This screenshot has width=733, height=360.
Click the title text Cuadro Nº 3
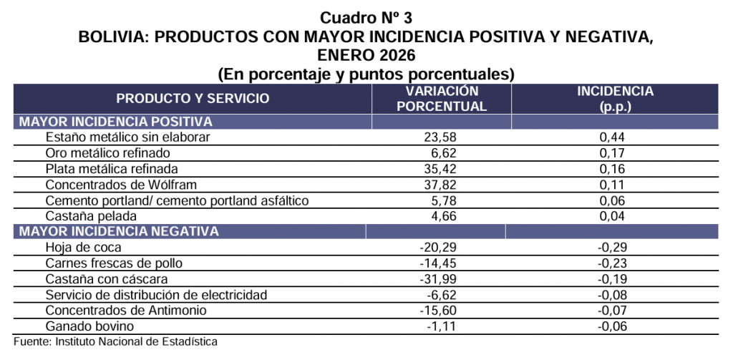click(x=366, y=17)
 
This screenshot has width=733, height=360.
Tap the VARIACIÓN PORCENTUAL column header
click(x=442, y=99)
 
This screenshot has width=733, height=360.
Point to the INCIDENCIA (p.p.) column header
click(x=615, y=99)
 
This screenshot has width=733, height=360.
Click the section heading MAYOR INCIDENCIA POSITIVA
click(x=116, y=122)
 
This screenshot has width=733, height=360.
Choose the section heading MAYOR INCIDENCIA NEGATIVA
click(x=119, y=231)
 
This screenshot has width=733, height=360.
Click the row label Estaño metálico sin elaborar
click(x=127, y=137)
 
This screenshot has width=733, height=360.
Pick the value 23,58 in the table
click(x=442, y=137)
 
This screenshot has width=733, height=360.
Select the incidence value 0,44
click(x=615, y=137)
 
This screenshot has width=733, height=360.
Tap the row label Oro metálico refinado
click(x=108, y=153)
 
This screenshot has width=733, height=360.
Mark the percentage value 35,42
click(x=442, y=169)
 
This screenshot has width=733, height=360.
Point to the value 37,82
click(x=442, y=185)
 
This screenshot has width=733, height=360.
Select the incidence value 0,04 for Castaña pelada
click(x=615, y=215)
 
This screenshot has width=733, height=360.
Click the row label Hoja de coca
click(x=83, y=248)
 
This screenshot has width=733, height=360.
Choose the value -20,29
click(x=439, y=248)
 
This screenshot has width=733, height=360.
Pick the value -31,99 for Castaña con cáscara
click(x=439, y=279)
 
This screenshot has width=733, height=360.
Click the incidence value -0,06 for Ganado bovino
click(x=613, y=326)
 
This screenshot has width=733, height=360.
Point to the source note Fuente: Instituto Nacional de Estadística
click(x=115, y=341)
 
